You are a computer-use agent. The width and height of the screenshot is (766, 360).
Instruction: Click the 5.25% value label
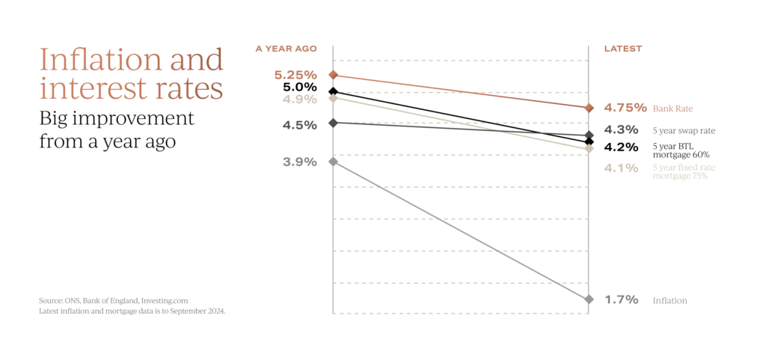point(295,76)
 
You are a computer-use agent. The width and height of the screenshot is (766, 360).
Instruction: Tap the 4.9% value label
point(299,99)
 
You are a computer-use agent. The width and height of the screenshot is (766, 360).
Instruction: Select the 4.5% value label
point(299,125)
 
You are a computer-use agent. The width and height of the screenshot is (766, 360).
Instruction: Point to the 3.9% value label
point(299,162)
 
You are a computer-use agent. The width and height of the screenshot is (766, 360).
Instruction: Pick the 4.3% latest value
point(621,129)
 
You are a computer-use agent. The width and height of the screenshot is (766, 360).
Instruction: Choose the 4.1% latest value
point(621,168)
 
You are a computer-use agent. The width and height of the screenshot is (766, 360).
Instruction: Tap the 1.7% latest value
point(621,299)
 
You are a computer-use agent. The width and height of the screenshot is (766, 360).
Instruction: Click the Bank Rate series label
point(668,109)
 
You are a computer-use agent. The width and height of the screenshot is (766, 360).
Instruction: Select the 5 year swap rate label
point(683,130)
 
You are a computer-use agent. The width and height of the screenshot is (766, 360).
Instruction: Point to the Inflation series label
point(669,300)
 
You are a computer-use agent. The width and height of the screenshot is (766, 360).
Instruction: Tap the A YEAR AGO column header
point(286,49)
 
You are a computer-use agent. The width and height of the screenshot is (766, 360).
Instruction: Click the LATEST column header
point(623,49)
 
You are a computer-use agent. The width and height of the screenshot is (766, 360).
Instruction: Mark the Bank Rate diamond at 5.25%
point(333,75)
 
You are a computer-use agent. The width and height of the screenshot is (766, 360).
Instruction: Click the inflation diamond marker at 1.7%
point(589,299)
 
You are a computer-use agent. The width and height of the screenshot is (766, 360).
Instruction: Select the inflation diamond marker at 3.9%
point(333,161)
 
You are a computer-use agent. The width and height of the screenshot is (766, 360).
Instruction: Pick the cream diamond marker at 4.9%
point(333,98)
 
